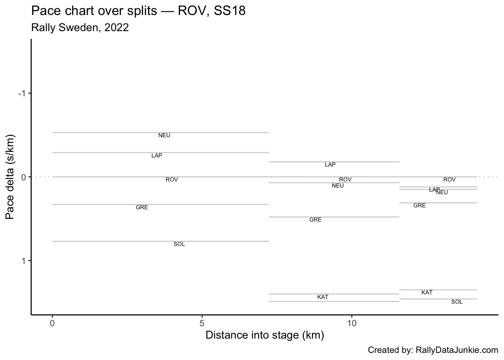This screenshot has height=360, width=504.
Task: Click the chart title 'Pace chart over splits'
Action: pyautogui.click(x=138, y=11)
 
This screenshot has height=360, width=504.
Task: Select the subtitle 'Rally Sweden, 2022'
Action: pyautogui.click(x=80, y=27)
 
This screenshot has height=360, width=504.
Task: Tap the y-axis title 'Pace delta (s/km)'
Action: pyautogui.click(x=10, y=177)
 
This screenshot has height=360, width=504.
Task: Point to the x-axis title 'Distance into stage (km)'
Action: pyautogui.click(x=264, y=335)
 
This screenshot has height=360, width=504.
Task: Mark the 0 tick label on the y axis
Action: pyautogui.click(x=23, y=177)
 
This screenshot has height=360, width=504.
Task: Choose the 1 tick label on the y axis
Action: pyautogui.click(x=23, y=261)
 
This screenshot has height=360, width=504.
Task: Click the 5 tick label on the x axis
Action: pyautogui.click(x=202, y=323)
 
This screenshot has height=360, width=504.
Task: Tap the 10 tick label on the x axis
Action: pyautogui.click(x=352, y=323)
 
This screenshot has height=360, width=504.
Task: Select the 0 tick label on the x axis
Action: pyautogui.click(x=52, y=323)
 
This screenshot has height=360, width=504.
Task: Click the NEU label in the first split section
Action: pyautogui.click(x=164, y=135)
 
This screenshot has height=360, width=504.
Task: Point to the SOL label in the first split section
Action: pyautogui.click(x=179, y=244)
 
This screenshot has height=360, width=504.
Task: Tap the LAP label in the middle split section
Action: pyautogui.click(x=330, y=165)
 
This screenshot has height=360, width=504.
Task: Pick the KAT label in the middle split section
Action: pyautogui.click(x=322, y=297)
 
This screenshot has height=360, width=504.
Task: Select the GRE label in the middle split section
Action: pyautogui.click(x=315, y=220)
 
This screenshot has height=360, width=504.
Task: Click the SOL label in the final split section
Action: pyautogui.click(x=457, y=302)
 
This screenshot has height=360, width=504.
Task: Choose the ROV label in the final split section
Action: pyautogui.click(x=449, y=180)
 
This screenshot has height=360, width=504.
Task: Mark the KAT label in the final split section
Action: pyautogui.click(x=427, y=292)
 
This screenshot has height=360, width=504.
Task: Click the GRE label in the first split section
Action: pyautogui.click(x=142, y=207)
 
